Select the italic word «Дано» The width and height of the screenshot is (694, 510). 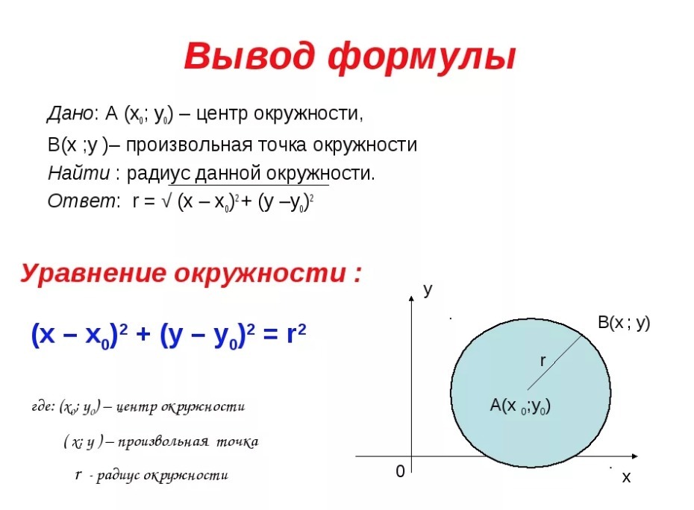coord(70,113)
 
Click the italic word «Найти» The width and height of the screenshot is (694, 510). coord(79,173)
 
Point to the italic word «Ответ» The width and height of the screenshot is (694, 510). coord(81,201)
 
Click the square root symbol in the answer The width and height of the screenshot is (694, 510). coord(166,201)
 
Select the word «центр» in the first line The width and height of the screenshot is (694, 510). coord(222,114)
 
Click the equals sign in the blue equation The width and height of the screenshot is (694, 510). coord(270,334)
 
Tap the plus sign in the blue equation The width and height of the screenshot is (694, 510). coord(143,334)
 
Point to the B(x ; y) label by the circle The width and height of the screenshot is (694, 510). coord(624,322)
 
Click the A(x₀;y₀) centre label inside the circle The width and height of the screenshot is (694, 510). coord(520,405)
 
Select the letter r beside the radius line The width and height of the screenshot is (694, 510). coord(543,361)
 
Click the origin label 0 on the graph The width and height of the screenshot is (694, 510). coord(400,471)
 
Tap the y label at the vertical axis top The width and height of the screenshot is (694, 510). coord(428,290)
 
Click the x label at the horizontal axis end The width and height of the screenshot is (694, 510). coord(626,477)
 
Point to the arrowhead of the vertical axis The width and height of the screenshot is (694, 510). coord(412,298)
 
